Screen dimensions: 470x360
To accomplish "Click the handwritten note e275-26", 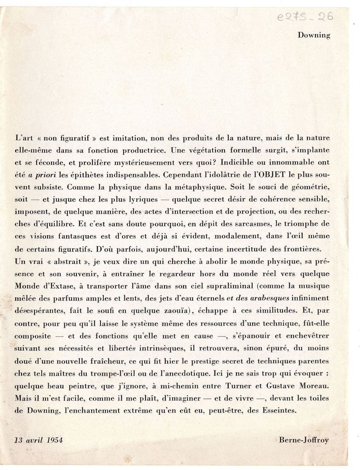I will pos(305,17).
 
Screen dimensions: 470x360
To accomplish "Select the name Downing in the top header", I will pos(314,35).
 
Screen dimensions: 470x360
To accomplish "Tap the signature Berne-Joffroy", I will pos(304,440).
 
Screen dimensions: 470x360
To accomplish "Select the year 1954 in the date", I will pos(54,440).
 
